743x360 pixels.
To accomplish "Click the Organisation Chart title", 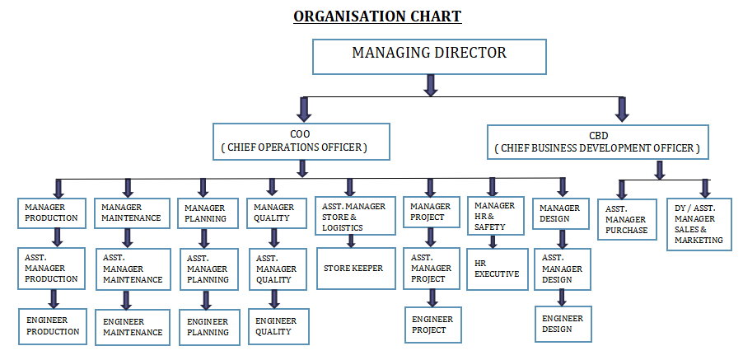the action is (x=377, y=16).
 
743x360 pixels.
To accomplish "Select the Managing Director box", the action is (x=429, y=57).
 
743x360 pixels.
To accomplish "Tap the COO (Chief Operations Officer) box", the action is (x=301, y=142).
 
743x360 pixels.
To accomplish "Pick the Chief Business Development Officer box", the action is (x=598, y=142).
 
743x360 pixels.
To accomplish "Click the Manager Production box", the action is (x=52, y=213).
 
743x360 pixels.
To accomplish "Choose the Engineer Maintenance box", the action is (x=133, y=327).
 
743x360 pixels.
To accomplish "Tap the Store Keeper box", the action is (x=356, y=268).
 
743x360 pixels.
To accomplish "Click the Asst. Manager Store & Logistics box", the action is (x=355, y=216).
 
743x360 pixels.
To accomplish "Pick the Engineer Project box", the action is (x=433, y=325).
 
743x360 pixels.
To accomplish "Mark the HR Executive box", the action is (x=497, y=269).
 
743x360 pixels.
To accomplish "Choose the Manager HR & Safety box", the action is (x=496, y=216).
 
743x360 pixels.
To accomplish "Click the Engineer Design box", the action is (x=563, y=324).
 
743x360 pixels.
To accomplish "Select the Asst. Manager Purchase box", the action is (x=627, y=219).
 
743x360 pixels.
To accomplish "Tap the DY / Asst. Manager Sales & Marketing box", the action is (x=699, y=224).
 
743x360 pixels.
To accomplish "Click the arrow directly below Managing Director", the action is (x=430, y=86).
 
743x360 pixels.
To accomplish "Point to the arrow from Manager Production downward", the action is (x=58, y=237).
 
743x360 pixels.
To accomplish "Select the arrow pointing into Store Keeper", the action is (x=351, y=241).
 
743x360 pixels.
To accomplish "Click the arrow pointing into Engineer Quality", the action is (x=273, y=299).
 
